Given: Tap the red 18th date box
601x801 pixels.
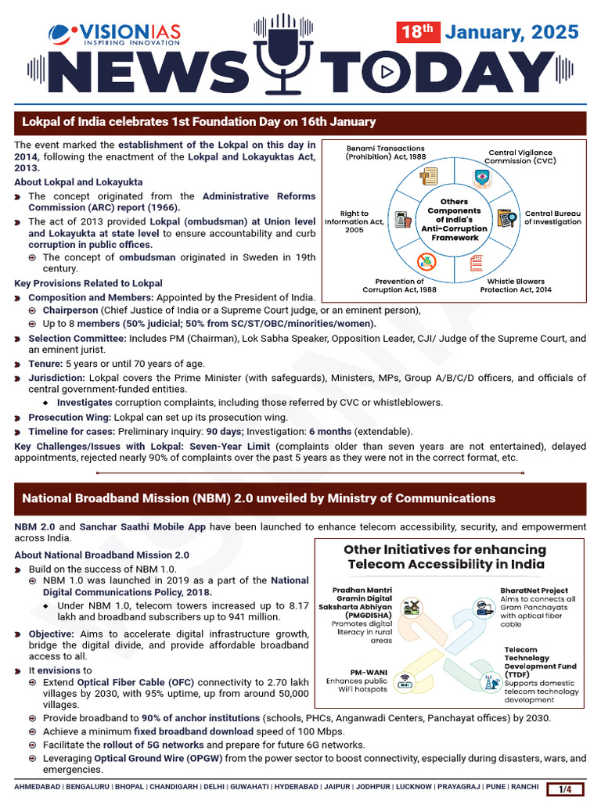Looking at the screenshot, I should [418, 32].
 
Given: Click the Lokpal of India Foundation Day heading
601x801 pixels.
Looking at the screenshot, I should [199, 122].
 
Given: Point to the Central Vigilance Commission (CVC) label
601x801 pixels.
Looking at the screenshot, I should [520, 157].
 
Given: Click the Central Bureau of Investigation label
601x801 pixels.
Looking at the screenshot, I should [552, 217].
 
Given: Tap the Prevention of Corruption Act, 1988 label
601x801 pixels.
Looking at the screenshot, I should [399, 286].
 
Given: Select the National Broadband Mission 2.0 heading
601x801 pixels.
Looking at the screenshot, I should [258, 498].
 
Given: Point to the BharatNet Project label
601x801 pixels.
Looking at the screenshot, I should [534, 591].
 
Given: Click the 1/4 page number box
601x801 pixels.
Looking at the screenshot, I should [565, 788].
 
